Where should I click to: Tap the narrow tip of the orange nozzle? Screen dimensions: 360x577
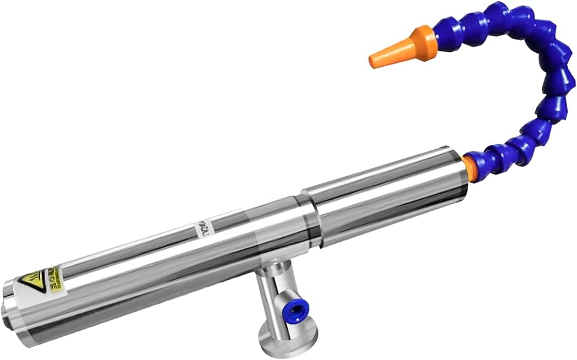tap(374, 61)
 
